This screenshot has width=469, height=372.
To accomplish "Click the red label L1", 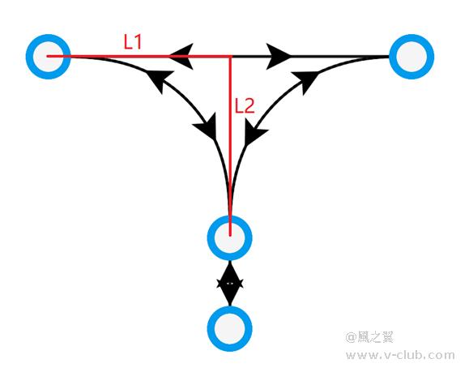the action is coord(133,42).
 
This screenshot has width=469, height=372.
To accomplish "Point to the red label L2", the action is coord(245,106).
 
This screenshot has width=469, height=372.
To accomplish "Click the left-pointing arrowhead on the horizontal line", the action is coord(181,56).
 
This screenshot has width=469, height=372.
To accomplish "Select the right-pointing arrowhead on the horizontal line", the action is coord(279,56).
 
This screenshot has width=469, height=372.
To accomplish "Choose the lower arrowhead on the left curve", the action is coord(207,127).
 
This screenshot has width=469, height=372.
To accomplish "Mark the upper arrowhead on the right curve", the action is coord(305,81).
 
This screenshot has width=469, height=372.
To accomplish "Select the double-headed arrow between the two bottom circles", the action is coord(230,283).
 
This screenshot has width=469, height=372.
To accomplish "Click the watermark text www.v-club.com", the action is coord(400,356).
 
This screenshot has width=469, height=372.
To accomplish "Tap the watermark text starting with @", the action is coord(369,337).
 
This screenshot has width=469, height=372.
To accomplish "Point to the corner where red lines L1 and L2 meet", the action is coord(230,56).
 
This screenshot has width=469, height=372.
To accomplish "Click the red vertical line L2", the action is coord(230,146).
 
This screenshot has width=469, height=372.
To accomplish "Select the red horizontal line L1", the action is coord(139,56).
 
